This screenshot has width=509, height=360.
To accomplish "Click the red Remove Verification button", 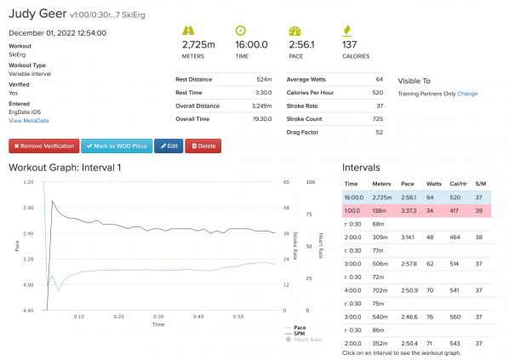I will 43,146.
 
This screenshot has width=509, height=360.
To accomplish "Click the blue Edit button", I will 169,146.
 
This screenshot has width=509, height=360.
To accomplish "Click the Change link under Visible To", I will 467,93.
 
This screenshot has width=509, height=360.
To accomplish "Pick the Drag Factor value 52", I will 379,132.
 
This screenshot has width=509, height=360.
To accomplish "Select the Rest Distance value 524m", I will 263,78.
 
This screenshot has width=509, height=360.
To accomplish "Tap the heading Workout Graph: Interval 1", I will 65,168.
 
